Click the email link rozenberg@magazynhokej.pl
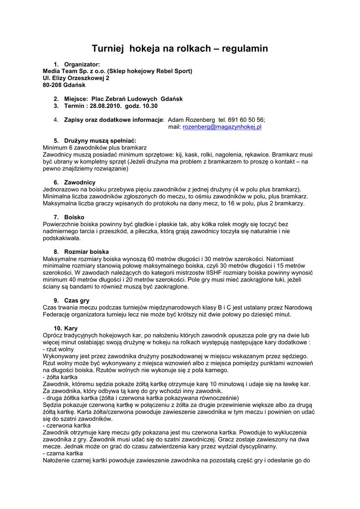[x=222, y=127]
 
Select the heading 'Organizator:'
[x=82, y=64]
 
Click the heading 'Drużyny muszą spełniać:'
[x=100, y=141]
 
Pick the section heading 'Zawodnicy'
[x=80, y=182]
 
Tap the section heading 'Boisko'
[x=74, y=217]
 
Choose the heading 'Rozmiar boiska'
[x=87, y=252]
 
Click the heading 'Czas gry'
[x=77, y=300]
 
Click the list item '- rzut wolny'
[x=59, y=349]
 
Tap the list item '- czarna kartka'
[x=63, y=453]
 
